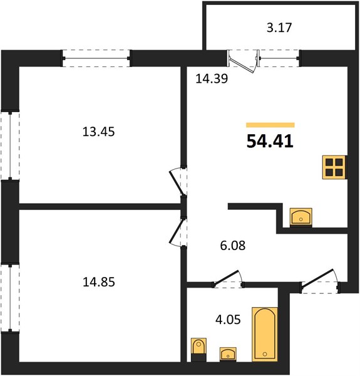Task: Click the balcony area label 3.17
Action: (x=279, y=28)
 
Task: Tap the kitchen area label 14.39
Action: (x=212, y=78)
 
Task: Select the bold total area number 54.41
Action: (x=270, y=141)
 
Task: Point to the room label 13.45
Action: (x=98, y=132)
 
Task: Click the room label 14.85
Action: (x=99, y=282)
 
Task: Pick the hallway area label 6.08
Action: (x=233, y=246)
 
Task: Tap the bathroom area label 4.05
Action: (x=228, y=320)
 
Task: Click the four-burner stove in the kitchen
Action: (x=334, y=167)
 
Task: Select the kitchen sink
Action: (x=301, y=217)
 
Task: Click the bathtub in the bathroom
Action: (x=265, y=334)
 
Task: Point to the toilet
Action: (x=198, y=350)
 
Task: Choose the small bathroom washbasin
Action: (x=228, y=354)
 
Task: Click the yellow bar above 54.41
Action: (x=270, y=125)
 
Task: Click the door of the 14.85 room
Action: (x=177, y=231)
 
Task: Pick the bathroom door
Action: (x=227, y=278)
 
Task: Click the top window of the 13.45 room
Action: (x=96, y=58)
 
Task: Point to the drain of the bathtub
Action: (x=265, y=353)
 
